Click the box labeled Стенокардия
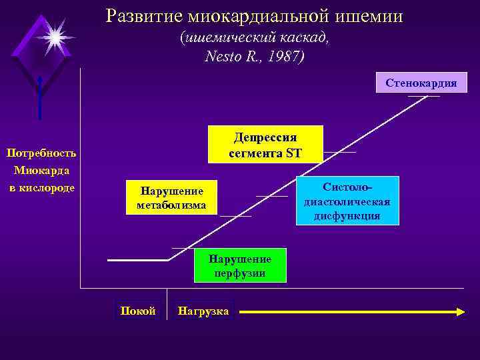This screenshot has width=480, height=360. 421,83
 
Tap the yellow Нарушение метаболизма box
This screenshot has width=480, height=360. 171,198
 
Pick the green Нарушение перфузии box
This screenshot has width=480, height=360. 240,265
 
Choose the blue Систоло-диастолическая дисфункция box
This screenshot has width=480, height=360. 347,201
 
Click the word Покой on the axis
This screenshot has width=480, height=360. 137,311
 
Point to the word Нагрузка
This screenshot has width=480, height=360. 203,311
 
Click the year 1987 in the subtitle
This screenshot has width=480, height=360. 284,57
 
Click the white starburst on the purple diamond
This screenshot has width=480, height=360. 54,36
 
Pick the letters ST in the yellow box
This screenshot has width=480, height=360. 293,154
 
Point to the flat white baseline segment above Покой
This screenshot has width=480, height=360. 139,259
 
